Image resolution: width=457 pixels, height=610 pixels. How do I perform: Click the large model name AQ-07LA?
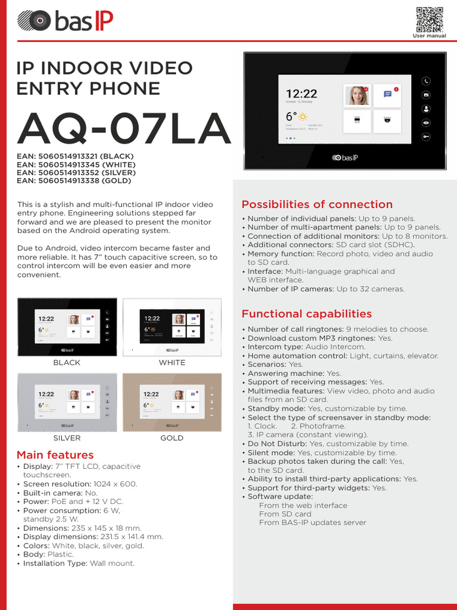[123, 128]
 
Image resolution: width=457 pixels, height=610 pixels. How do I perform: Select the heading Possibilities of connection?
[317, 204]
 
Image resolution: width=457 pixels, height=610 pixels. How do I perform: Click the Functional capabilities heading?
[306, 314]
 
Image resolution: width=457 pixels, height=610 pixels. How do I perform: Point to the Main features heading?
[55, 455]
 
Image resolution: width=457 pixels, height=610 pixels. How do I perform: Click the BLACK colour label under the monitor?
[67, 362]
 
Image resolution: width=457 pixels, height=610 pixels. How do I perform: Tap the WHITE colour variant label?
[172, 362]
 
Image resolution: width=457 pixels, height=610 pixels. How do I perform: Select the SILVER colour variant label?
[67, 438]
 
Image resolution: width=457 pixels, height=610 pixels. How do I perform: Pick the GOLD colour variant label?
[172, 438]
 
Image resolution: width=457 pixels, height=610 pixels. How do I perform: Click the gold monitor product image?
[172, 402]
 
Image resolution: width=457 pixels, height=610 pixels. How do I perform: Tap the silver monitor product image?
[67, 402]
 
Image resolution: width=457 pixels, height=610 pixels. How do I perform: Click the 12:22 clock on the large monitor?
[302, 94]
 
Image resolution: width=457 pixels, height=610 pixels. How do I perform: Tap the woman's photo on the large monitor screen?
[358, 95]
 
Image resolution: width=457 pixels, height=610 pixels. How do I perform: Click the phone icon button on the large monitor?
[426, 81]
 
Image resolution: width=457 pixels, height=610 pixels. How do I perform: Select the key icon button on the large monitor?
[426, 136]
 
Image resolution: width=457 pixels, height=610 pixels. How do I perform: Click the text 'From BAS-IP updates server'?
[312, 523]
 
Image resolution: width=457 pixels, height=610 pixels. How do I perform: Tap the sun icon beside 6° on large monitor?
[303, 117]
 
